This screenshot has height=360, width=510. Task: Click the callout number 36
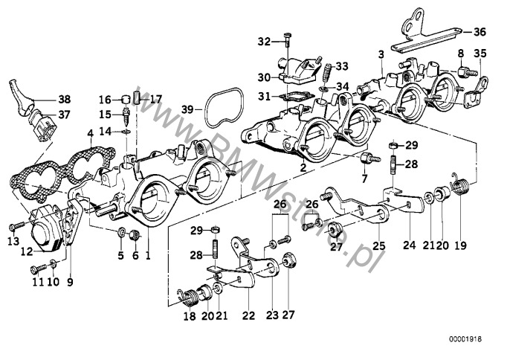point(479,31)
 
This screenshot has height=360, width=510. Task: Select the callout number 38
point(65,99)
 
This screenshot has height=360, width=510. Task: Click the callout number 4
point(89,135)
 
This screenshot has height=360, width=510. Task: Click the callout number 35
point(480,53)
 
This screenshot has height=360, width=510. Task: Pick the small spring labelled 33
point(326,72)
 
